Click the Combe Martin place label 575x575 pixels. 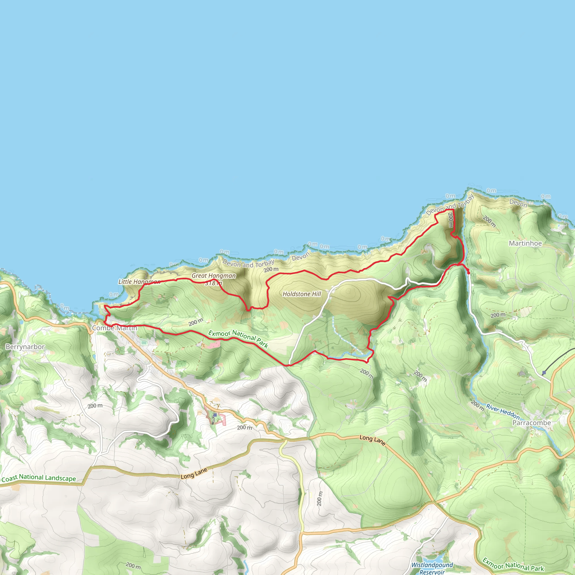(x=115, y=328)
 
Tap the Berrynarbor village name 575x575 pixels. (x=25, y=347)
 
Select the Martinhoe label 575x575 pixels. (x=525, y=243)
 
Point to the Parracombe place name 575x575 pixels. (x=531, y=423)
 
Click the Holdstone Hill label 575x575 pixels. (x=302, y=294)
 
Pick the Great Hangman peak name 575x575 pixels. (x=213, y=276)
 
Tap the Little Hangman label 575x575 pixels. (x=139, y=282)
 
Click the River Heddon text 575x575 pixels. (x=503, y=411)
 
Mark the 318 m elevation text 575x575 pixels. (x=213, y=283)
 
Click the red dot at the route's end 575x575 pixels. (x=469, y=273)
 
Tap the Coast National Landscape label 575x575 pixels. (x=39, y=478)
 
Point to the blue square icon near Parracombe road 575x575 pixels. (x=544, y=373)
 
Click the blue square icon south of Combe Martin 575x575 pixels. (x=215, y=415)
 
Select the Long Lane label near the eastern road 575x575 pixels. (x=373, y=440)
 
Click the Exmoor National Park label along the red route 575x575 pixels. (x=238, y=339)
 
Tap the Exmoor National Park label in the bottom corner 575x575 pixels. (x=513, y=565)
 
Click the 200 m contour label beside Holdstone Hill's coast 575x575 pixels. (x=271, y=270)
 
